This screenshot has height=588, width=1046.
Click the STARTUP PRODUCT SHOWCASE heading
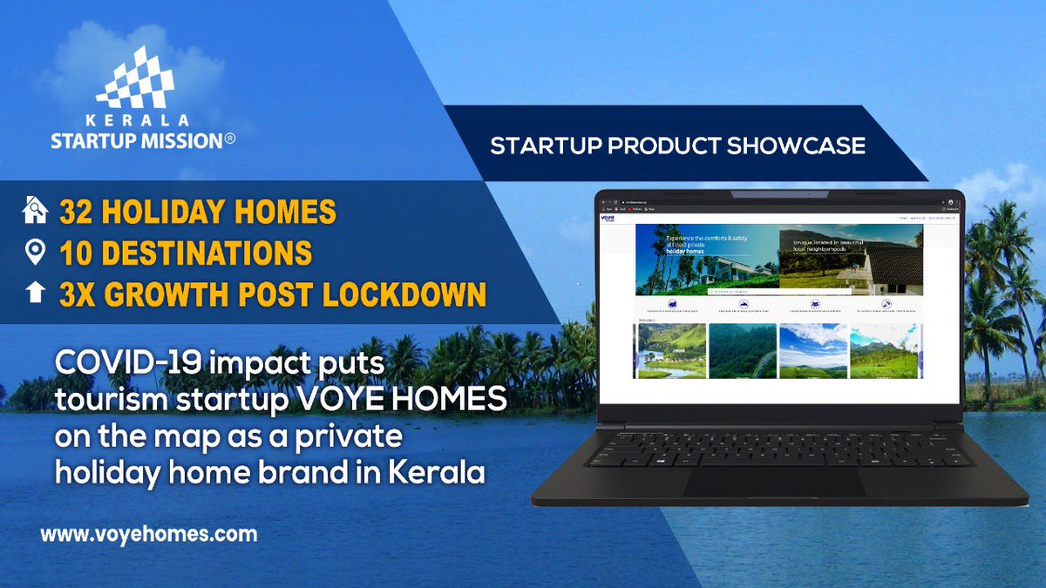(x=677, y=145)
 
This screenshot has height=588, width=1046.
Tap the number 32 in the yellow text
(x=76, y=212)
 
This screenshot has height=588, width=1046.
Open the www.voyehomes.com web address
(x=148, y=533)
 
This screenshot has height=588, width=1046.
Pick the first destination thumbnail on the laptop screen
(x=670, y=351)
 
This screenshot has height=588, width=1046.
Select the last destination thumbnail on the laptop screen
(x=884, y=351)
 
